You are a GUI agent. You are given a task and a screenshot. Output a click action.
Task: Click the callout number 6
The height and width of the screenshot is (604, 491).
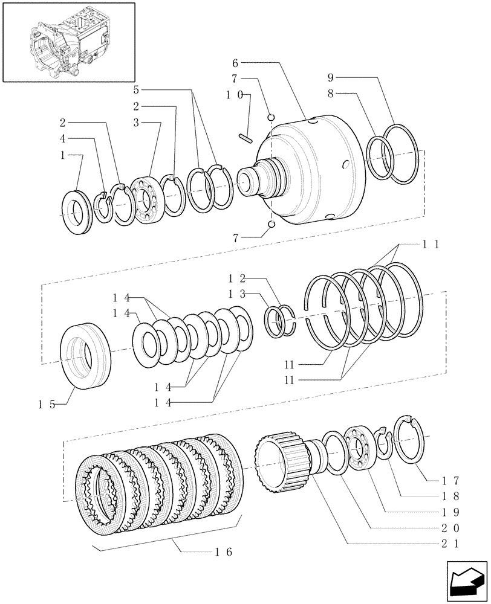tap(236, 62)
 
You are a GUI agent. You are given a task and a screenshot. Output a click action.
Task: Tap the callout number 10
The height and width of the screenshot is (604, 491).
tap(235, 95)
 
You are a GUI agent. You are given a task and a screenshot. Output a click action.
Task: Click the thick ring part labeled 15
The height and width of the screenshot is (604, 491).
tap(85, 355)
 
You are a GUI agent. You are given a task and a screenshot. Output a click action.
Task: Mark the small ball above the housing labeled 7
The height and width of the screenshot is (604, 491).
tap(272, 117)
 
